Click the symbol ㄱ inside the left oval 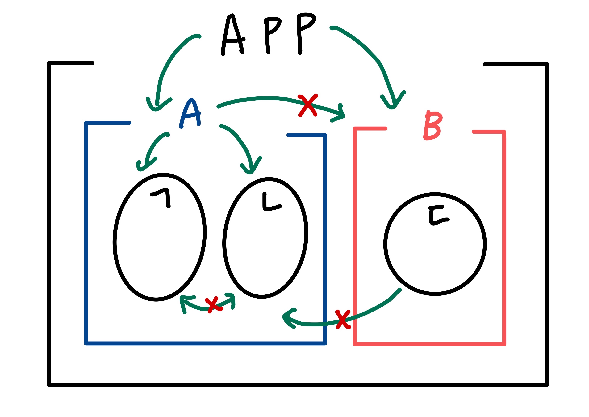(x=162, y=198)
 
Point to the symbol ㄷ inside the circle (x=438, y=215)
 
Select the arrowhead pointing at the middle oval (x=250, y=171)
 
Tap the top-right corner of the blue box (x=325, y=135)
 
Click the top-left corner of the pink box (x=355, y=128)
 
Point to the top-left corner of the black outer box (x=49, y=63)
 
